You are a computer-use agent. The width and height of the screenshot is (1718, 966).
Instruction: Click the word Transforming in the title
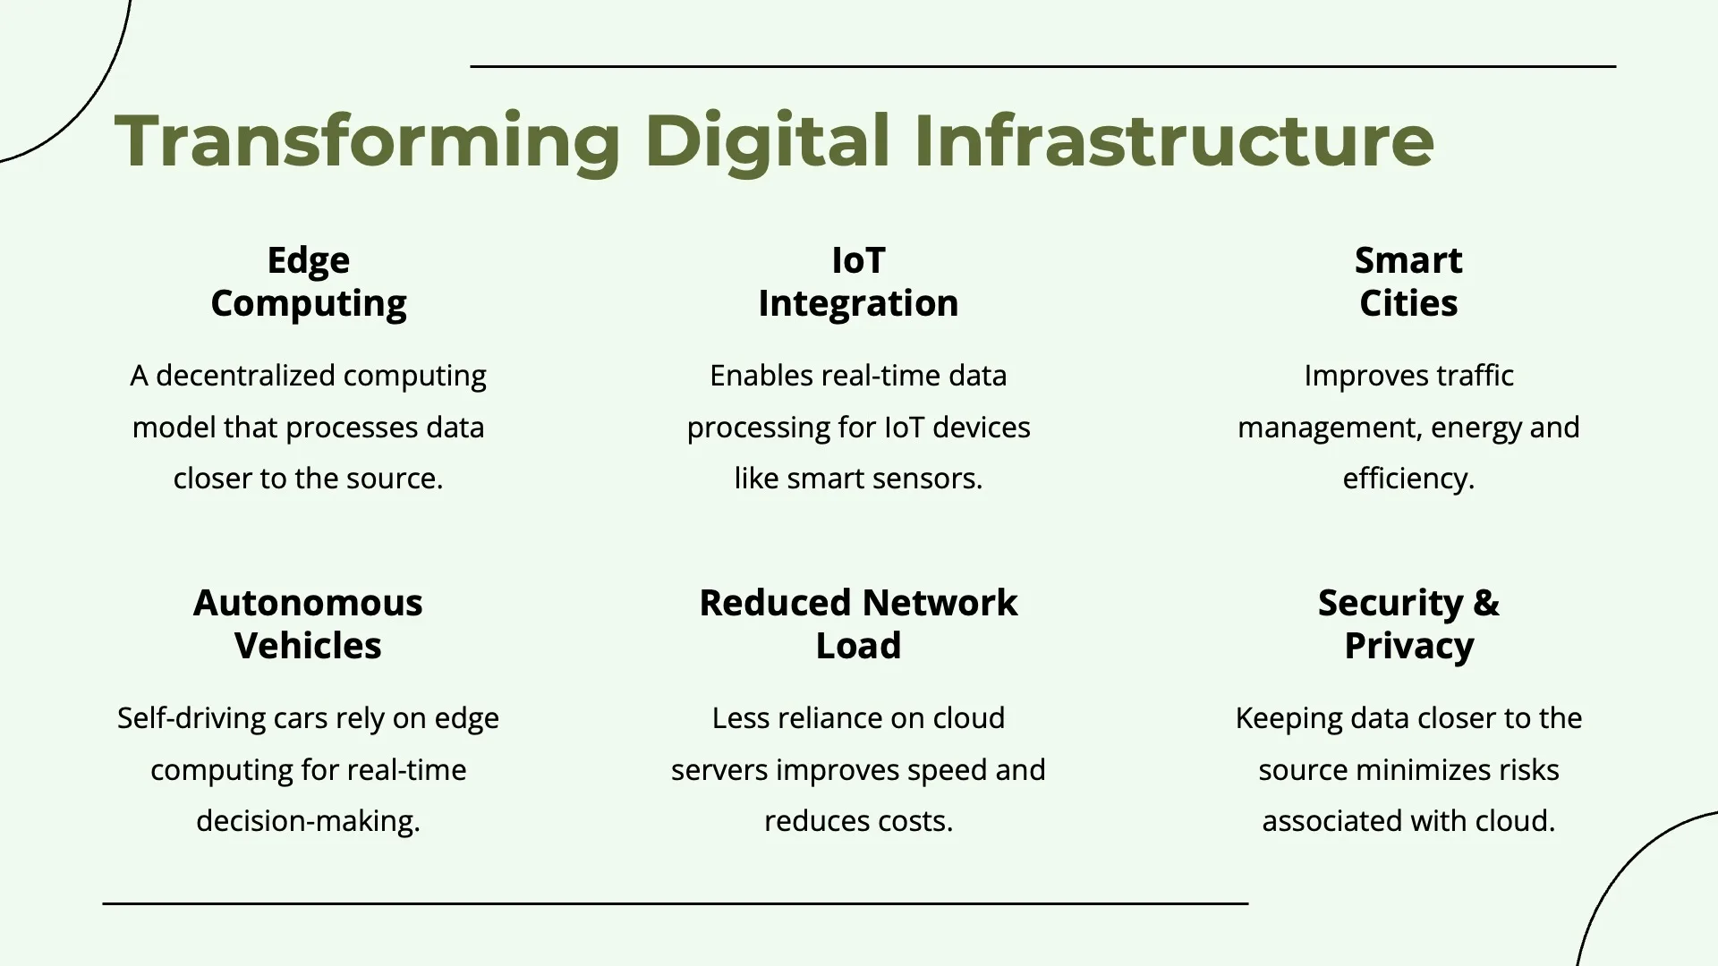tap(368, 141)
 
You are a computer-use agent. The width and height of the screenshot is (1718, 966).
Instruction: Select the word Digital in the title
tap(768, 141)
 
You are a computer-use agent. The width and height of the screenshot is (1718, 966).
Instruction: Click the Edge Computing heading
tap(309, 282)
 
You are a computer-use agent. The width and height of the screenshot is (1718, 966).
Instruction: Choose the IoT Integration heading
tap(858, 282)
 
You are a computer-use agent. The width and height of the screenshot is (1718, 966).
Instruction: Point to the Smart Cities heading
tap(1408, 282)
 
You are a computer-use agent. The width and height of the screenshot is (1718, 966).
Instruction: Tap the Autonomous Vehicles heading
tap(308, 624)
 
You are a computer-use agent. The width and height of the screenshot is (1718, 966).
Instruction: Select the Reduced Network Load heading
tap(858, 624)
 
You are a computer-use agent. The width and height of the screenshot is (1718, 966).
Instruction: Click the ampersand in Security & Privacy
tap(1485, 603)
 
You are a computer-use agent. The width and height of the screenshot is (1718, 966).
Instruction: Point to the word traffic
tap(1475, 376)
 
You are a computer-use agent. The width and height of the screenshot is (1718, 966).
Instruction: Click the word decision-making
tap(308, 822)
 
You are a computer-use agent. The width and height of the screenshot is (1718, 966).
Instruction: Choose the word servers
tap(719, 771)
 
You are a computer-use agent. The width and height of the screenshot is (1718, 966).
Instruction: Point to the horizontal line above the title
tap(1043, 66)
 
